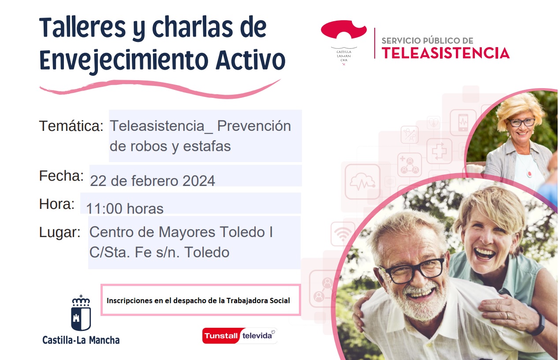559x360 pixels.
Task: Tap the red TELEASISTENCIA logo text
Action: click(445, 53)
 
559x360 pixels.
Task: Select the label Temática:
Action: click(71, 126)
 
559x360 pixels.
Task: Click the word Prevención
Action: click(254, 126)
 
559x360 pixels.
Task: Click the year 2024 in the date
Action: click(199, 181)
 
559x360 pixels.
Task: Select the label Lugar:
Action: click(60, 233)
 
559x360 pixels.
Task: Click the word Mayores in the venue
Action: click(186, 232)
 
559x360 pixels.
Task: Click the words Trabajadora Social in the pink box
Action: click(258, 301)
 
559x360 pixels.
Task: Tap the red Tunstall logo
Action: click(221, 336)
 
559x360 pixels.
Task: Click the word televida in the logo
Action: click(257, 336)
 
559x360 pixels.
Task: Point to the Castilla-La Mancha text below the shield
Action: click(81, 340)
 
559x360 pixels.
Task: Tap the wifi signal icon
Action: click(343, 234)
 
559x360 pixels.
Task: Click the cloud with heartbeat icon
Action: click(362, 182)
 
